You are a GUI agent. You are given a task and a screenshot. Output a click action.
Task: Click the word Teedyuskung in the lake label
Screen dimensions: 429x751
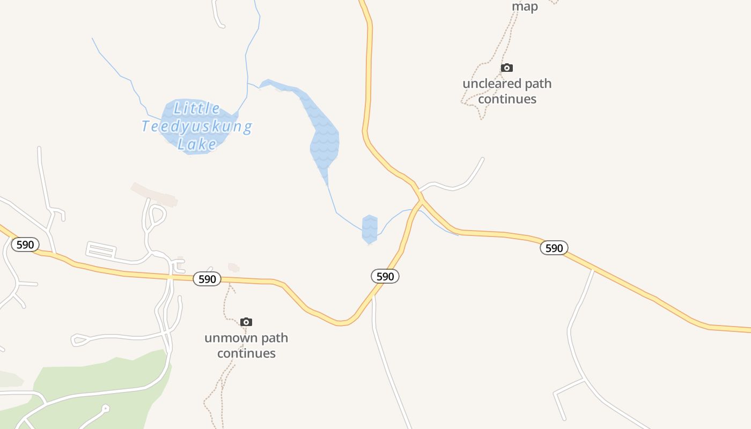[x=197, y=127]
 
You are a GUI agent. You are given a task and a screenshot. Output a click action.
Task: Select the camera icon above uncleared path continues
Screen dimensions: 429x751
[x=506, y=68]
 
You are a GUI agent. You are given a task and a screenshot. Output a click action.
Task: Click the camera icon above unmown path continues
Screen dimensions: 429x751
[x=246, y=322]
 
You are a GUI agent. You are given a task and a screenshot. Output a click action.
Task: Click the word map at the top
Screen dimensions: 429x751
[x=525, y=7]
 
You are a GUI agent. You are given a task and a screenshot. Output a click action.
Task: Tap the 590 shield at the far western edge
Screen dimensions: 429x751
[x=25, y=245]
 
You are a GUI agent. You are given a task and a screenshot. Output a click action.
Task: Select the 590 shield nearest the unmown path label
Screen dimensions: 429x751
[x=207, y=279]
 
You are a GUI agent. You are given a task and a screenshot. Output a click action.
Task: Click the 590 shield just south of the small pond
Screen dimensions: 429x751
[x=385, y=277]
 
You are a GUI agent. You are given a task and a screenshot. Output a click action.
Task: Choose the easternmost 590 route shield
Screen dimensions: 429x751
[x=554, y=248]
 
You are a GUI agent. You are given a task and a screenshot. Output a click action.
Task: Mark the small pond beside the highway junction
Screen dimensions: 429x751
[x=370, y=229]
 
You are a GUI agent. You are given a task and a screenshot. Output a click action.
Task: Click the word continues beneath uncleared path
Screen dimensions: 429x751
[x=507, y=99]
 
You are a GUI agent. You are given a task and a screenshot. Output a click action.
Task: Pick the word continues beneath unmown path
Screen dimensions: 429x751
[x=246, y=353]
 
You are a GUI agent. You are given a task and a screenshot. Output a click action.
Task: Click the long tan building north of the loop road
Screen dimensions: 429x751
[x=154, y=194]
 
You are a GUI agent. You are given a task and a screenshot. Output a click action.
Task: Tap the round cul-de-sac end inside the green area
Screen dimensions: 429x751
[x=106, y=409]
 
